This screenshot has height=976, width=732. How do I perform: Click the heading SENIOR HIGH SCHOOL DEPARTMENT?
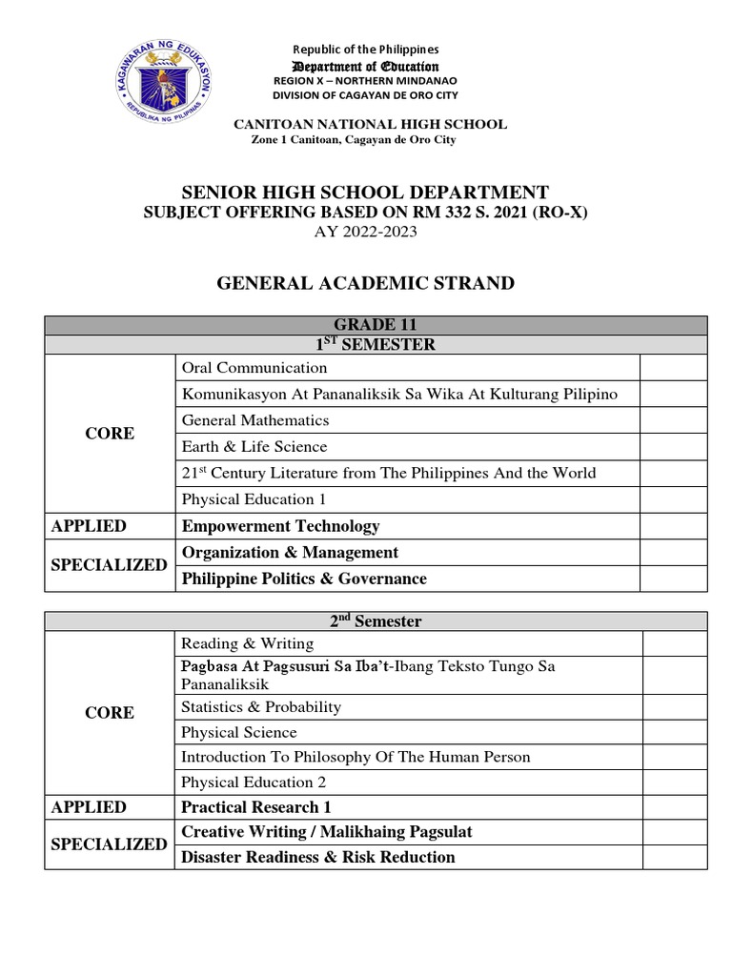366,193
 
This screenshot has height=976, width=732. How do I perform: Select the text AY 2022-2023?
366,232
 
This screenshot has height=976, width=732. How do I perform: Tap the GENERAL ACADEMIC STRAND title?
366,283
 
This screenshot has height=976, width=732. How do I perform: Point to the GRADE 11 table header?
376,326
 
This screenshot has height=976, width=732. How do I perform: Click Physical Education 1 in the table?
247,499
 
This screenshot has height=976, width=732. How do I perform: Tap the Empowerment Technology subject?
280,526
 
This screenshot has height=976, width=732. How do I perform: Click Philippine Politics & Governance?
304,579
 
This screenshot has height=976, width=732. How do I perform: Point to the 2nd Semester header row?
376,621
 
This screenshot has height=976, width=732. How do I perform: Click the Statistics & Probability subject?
260,707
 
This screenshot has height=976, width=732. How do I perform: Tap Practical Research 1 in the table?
256,806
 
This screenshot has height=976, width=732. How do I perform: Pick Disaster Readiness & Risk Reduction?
318,857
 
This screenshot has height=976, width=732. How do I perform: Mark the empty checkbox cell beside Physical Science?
674,733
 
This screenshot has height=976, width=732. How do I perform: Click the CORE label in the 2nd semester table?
110,713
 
